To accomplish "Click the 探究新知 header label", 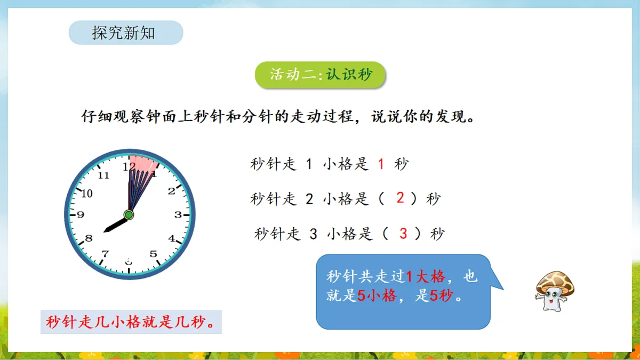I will click(124, 33).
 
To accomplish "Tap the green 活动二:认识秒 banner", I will click(320, 75).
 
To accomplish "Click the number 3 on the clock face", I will click(178, 215).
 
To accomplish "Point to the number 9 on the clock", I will click(81, 215).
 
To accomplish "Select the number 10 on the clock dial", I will click(86, 193).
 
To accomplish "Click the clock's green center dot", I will click(129, 215).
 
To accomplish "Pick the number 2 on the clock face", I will click(171, 191).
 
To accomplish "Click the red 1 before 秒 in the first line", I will click(381, 164).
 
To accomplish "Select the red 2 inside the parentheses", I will click(400, 198).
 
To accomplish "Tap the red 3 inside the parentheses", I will click(403, 233).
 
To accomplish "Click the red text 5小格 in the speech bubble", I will click(377, 295).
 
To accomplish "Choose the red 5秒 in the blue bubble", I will click(442, 295).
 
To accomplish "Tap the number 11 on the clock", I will click(103, 175).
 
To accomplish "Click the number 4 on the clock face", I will click(172, 238).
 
